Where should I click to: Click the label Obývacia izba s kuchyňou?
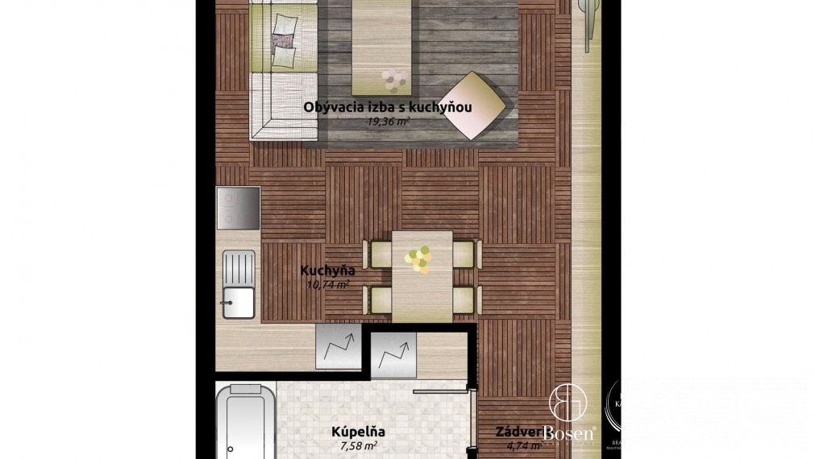point(387,107)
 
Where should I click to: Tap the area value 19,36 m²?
point(389,122)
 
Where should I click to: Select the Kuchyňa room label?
point(327,271)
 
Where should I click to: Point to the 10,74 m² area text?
point(327,284)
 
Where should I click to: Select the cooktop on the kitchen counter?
point(239,209)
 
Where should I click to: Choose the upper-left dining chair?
point(378,254)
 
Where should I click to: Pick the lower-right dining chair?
point(464,300)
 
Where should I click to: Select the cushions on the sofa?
point(283,41)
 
